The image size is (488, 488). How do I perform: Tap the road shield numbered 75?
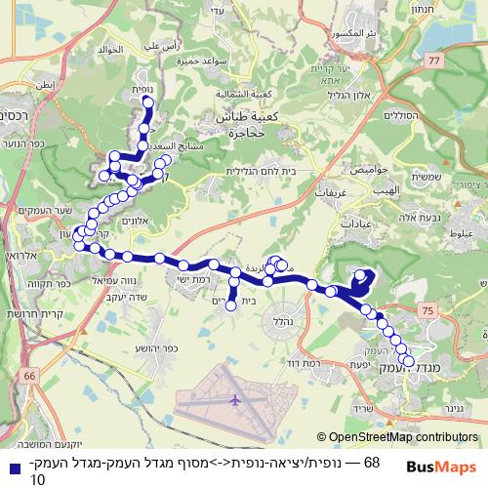click(427, 308)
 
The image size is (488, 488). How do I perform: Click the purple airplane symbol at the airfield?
click(235, 399)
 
